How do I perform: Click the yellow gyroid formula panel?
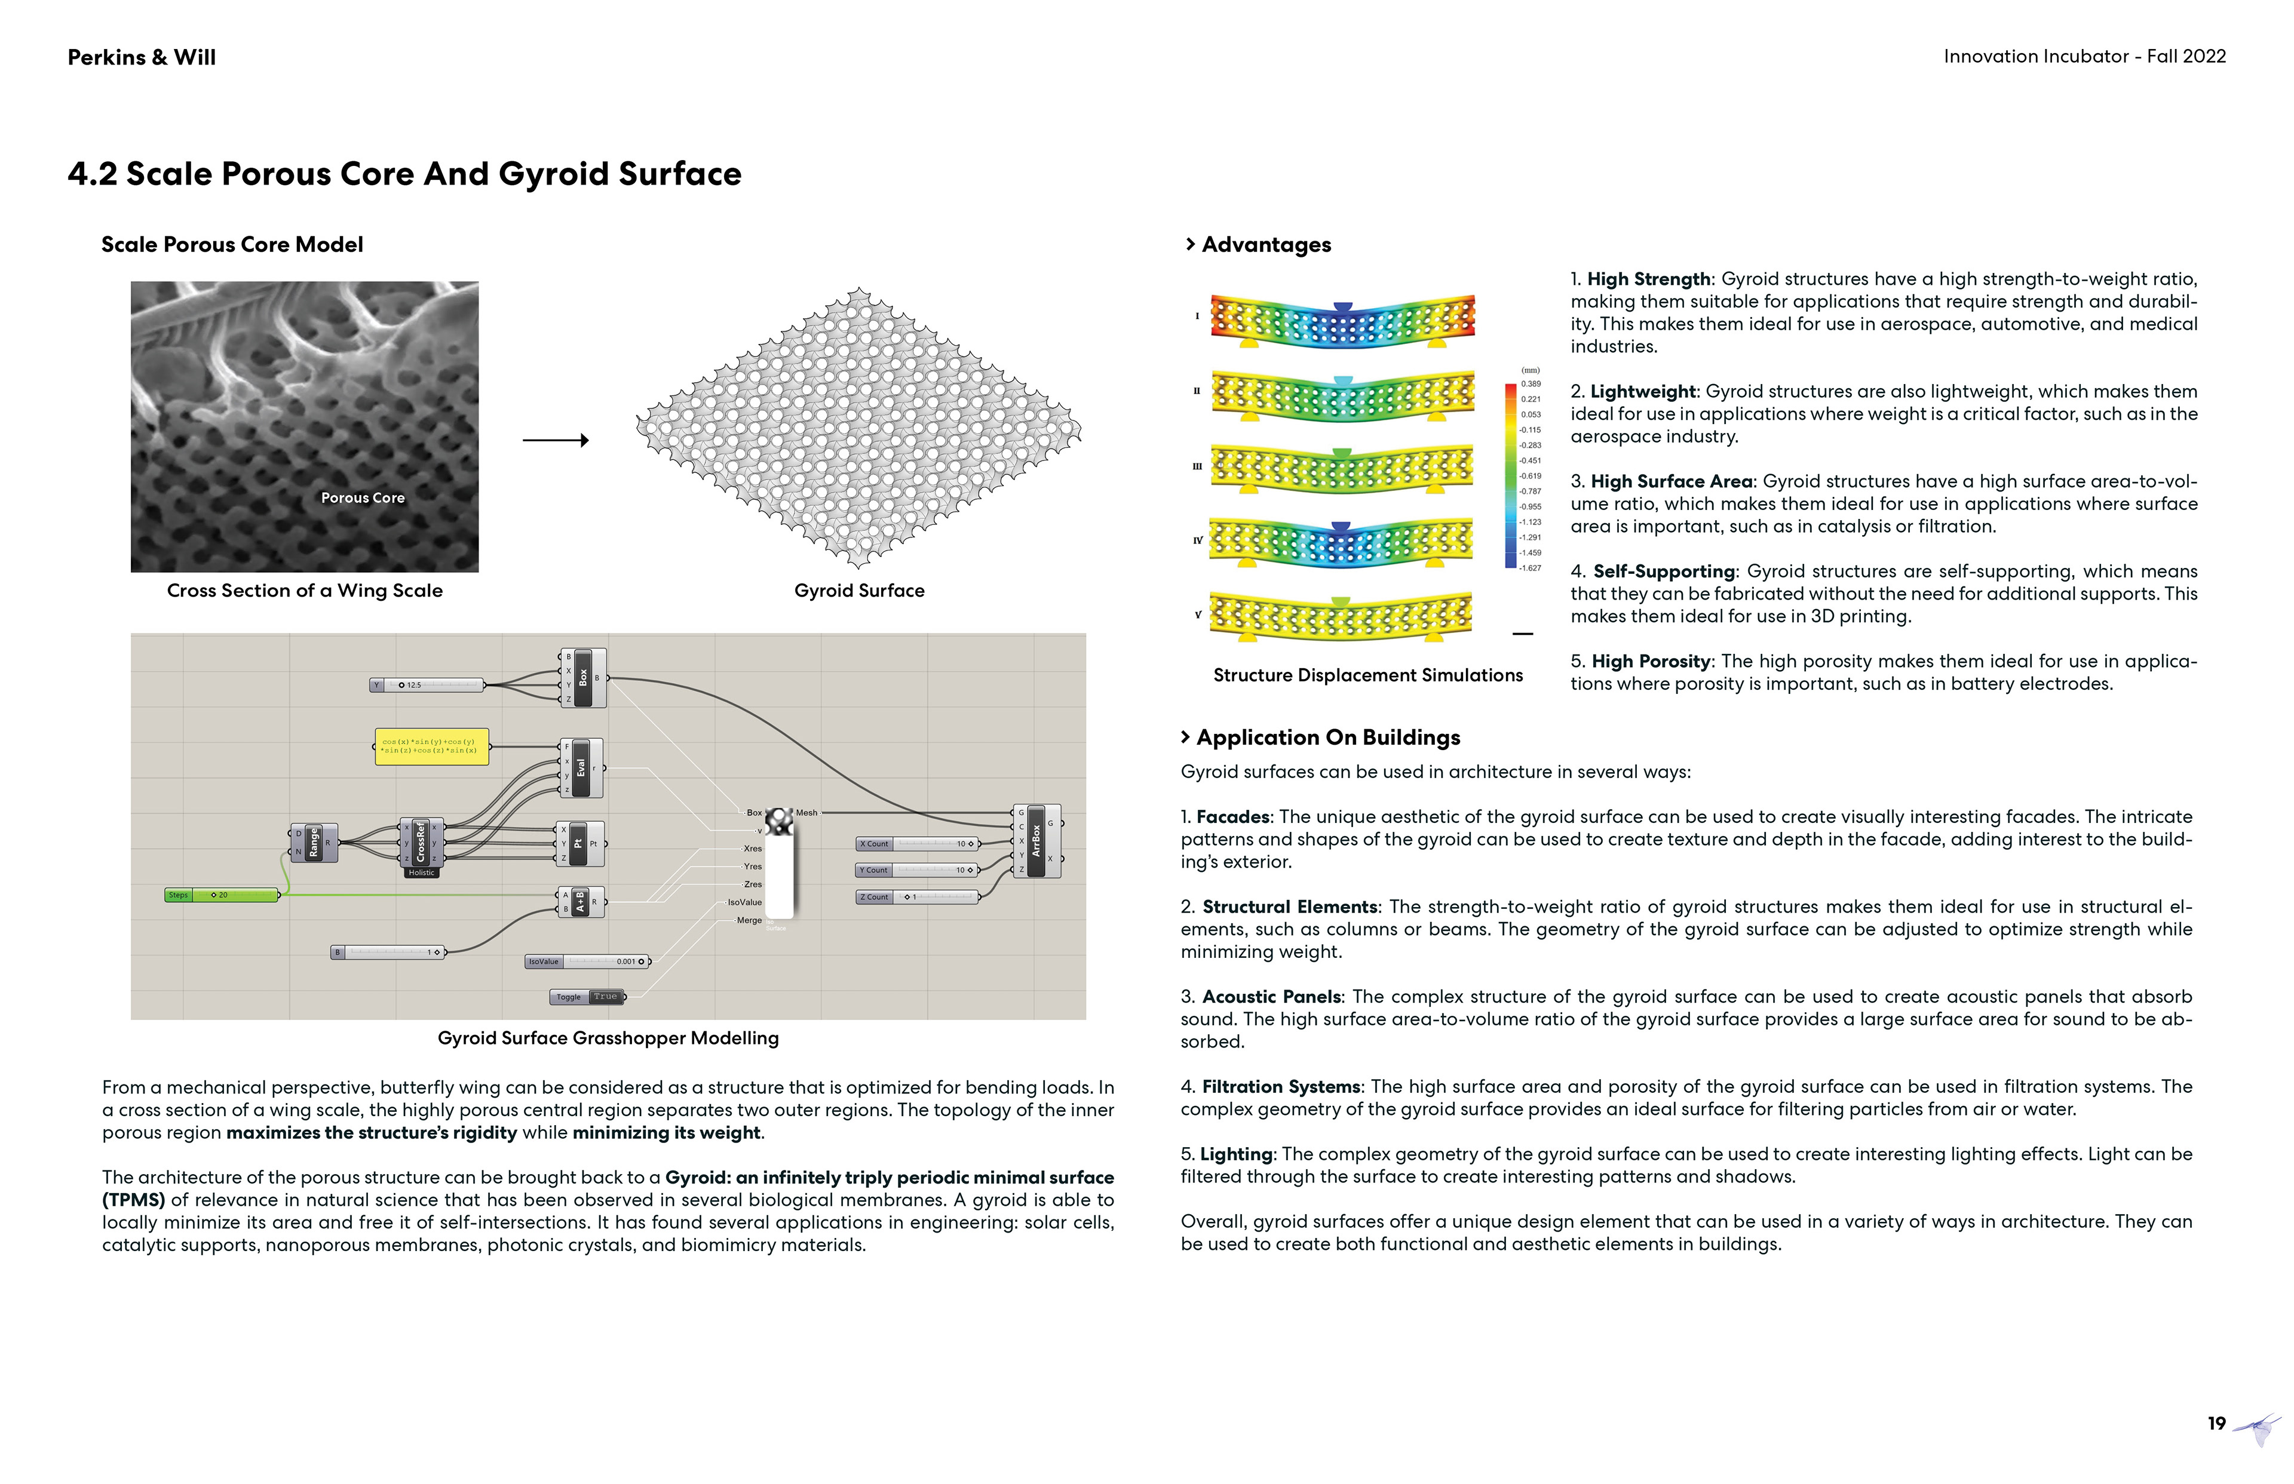click(431, 747)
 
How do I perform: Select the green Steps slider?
click(222, 895)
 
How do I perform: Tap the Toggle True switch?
click(588, 996)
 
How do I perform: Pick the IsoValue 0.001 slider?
click(588, 961)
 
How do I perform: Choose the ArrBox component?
click(1036, 840)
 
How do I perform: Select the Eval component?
click(581, 768)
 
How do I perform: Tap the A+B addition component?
click(580, 902)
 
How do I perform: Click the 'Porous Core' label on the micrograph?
click(363, 498)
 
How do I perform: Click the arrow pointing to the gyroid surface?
click(555, 440)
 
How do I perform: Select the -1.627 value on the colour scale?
click(1530, 569)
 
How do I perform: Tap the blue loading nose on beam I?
click(1342, 308)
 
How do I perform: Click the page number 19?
click(2216, 1423)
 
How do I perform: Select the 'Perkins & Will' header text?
click(142, 57)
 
